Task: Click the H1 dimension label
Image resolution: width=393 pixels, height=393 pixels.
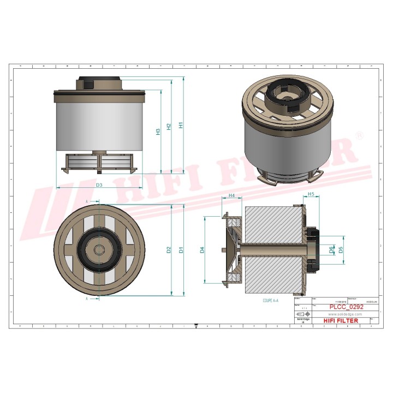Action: click(181, 125)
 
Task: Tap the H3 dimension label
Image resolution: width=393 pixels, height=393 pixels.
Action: click(158, 132)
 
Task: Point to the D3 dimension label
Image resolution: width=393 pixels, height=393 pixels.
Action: click(100, 186)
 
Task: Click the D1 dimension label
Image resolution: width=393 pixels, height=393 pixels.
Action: click(181, 250)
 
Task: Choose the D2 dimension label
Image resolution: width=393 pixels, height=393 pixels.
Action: click(169, 250)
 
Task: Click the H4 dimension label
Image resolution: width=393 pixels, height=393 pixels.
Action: click(231, 195)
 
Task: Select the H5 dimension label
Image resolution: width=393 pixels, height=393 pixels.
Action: click(311, 194)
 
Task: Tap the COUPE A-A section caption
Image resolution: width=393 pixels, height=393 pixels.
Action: click(271, 301)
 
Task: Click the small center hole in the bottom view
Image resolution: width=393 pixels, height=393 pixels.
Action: click(99, 249)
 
